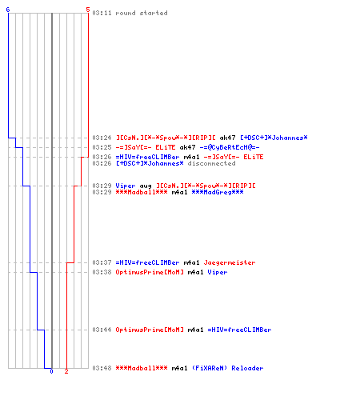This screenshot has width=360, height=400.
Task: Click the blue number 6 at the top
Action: click(8, 10)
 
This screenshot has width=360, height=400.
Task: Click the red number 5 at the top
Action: click(88, 10)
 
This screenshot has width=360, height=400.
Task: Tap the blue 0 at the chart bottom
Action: click(51, 371)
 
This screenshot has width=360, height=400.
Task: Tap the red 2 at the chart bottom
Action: click(66, 371)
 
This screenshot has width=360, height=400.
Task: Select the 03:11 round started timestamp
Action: click(102, 13)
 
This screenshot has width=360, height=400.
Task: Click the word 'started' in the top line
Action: click(154, 13)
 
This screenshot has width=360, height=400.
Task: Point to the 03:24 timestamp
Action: click(102, 138)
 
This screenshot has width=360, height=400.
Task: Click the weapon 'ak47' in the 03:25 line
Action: click(187, 147)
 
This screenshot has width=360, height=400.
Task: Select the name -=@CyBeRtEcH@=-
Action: click(230, 147)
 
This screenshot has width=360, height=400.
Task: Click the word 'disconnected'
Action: click(211, 163)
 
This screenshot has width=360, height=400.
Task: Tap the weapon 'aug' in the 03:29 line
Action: click(146, 186)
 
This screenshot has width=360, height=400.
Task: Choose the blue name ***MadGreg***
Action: click(218, 192)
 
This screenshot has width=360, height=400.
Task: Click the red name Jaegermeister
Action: click(230, 262)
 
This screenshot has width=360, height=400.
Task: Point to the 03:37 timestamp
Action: click(102, 262)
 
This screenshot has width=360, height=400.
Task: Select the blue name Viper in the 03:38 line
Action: click(218, 272)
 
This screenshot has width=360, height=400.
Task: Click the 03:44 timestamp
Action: click(102, 330)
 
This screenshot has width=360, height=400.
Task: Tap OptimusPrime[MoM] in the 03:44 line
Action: click(150, 330)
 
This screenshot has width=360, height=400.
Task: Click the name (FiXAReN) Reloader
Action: click(227, 368)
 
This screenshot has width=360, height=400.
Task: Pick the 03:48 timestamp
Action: click(102, 368)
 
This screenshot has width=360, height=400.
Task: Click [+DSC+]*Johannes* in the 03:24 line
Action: click(274, 138)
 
